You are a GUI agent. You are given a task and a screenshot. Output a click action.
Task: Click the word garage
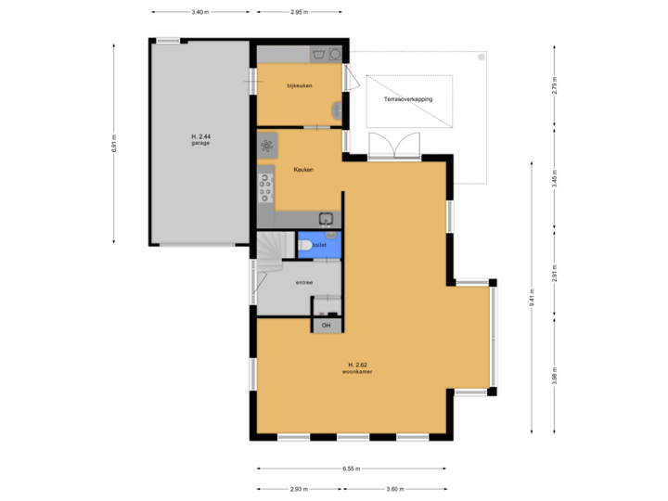(199, 144)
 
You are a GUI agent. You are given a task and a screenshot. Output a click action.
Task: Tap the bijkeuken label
(299, 86)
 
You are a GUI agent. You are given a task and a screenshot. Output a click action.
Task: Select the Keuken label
(303, 170)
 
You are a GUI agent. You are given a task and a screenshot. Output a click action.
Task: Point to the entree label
(303, 282)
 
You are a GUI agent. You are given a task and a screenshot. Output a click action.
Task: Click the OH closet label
(326, 326)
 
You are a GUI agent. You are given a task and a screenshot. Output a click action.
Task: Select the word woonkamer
(357, 372)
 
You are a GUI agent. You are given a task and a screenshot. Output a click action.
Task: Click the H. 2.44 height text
(199, 136)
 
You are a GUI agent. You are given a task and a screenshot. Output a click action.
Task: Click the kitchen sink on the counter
(327, 219)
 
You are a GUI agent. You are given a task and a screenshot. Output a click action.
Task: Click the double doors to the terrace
(394, 146)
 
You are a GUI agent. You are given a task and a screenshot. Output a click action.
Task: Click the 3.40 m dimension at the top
(199, 12)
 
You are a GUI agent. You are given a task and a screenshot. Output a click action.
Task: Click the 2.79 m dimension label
(554, 85)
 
